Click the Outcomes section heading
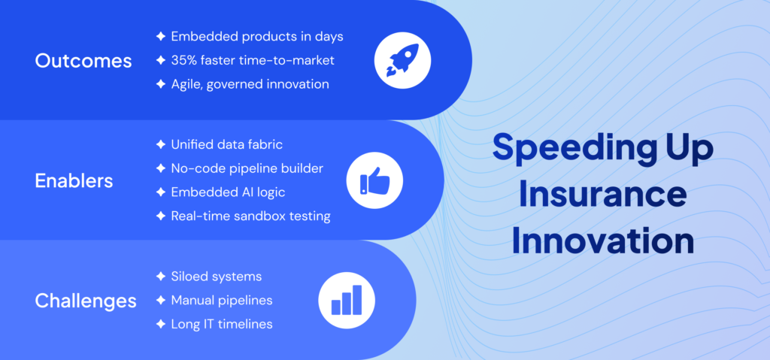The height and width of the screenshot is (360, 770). click(x=83, y=61)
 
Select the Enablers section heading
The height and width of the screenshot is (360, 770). click(x=74, y=180)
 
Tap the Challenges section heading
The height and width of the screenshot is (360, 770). click(x=86, y=301)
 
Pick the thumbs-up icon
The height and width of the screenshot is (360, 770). click(x=374, y=181)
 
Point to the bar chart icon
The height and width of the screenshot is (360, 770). click(x=347, y=300)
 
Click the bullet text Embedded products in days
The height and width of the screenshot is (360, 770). click(x=257, y=36)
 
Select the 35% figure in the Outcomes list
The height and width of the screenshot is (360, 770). click(x=185, y=60)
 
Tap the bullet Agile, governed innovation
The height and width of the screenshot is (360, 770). click(x=250, y=84)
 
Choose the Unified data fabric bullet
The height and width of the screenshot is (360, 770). click(x=227, y=144)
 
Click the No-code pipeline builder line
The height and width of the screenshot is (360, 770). click(x=247, y=168)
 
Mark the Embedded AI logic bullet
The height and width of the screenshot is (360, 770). click(x=228, y=192)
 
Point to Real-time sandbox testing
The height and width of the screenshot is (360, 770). click(x=250, y=216)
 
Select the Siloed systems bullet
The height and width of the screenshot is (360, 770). click(x=216, y=277)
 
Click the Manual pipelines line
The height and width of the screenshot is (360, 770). click(x=222, y=301)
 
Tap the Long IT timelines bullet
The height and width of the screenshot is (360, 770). click(x=222, y=324)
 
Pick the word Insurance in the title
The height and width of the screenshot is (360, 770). click(x=604, y=195)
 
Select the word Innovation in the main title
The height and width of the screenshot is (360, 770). click(x=603, y=241)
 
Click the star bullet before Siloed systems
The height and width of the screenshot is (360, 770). click(x=160, y=277)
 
